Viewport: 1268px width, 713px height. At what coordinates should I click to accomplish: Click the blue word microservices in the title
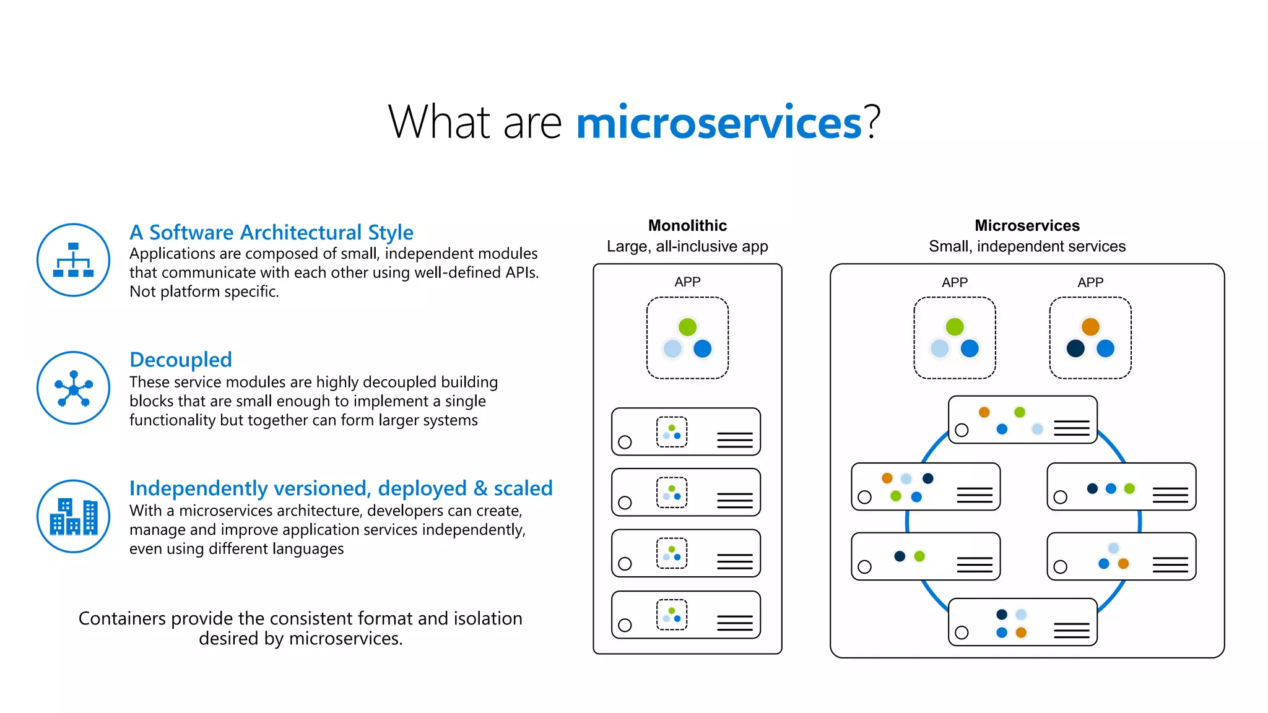pos(718,123)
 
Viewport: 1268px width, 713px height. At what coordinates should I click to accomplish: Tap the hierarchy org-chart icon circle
pos(74,260)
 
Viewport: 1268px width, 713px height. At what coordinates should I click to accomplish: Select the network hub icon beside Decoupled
pos(74,388)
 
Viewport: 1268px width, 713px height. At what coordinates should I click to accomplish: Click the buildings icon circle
pos(74,516)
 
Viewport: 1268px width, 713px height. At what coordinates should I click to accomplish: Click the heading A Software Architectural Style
pos(271,232)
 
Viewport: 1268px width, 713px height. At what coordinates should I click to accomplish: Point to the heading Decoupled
pos(181,360)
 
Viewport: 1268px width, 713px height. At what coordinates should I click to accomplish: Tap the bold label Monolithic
pos(687,225)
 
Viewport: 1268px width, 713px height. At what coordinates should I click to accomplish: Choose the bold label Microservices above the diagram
pos(1027,225)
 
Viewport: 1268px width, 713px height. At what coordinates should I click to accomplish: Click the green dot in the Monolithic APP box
pos(687,327)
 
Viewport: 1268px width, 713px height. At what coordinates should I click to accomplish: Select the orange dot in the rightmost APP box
pos(1090,326)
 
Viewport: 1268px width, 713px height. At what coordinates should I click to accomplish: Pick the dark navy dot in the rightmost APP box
pos(1075,348)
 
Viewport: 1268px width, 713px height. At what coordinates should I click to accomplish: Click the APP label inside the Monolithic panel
pos(687,282)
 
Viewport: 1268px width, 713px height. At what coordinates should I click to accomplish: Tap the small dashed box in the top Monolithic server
pos(672,432)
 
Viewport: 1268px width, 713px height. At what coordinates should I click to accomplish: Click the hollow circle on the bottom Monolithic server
pos(625,625)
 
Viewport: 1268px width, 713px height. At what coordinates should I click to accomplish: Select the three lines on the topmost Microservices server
pos(1071,428)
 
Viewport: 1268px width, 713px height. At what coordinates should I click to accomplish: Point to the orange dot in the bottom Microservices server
pos(1021,633)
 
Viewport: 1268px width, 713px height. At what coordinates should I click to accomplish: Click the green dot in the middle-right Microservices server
pos(1129,488)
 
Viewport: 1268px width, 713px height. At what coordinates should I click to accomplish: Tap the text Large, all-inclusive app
pos(687,246)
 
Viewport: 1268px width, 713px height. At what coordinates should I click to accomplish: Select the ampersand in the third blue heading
pos(480,488)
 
